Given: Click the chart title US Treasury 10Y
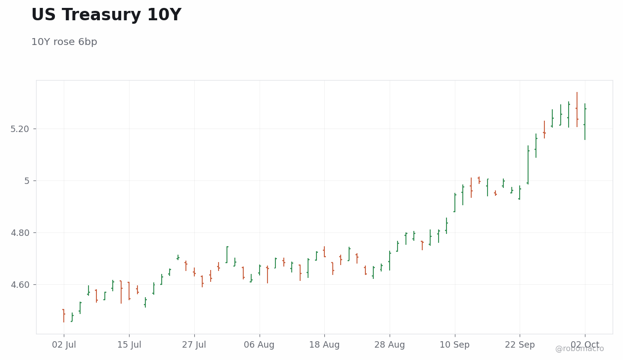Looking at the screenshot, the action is coord(106,14).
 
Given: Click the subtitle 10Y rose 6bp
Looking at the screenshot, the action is coord(64,42).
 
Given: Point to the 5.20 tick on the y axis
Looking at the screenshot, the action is coord(20,129).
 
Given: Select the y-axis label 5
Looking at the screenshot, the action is coord(27,181).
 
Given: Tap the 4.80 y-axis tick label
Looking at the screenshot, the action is coord(20,232).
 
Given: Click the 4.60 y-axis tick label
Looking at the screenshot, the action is coord(20,285).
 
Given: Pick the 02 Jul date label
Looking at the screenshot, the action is coord(64,345).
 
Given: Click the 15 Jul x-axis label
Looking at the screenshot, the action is coord(129,345).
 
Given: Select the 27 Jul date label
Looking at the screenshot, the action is coord(194,345).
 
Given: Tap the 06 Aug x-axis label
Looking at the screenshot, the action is coord(259,345).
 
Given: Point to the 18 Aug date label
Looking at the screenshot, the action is coord(324,345).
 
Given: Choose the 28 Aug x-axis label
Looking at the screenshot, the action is coord(390,345).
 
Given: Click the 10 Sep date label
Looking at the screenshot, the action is coord(454,345).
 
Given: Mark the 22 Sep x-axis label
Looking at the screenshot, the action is coord(520,345).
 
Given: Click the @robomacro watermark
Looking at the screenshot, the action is coord(579,349).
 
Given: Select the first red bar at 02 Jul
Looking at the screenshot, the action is coord(64,316).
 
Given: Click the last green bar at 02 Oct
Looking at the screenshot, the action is coord(585,122).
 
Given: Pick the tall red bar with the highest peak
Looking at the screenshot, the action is coord(577,110).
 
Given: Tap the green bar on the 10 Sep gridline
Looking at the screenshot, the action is coord(455,203).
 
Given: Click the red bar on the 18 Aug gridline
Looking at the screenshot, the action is coord(324,252).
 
